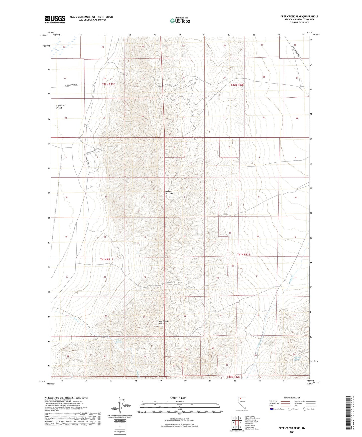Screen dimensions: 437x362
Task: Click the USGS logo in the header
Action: (x=55, y=19)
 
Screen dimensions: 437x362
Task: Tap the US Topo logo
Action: (x=180, y=21)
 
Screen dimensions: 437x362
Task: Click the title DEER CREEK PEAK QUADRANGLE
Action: (x=299, y=17)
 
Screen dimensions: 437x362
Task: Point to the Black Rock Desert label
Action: (x=61, y=107)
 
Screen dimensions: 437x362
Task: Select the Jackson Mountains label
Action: (x=170, y=192)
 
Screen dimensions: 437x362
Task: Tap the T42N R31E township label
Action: (x=108, y=84)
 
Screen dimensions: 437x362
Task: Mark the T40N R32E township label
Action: (x=233, y=377)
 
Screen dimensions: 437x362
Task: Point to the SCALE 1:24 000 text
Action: (x=178, y=398)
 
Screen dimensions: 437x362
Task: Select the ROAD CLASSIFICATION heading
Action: (x=292, y=398)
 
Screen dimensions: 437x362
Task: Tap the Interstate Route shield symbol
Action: (x=272, y=409)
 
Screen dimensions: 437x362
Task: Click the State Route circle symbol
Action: (x=304, y=409)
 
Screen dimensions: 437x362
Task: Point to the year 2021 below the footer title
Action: (x=292, y=432)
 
